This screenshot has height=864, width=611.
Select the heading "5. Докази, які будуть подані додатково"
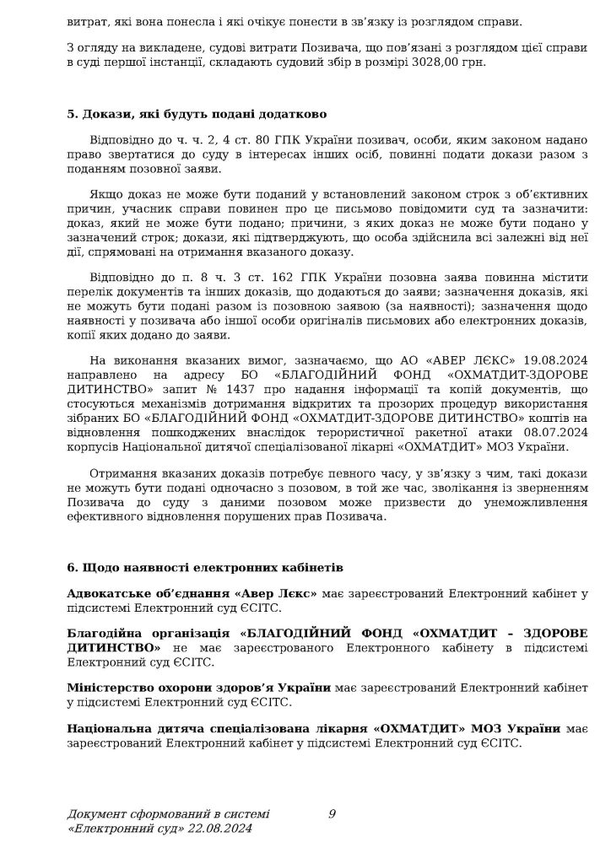[x=196, y=114]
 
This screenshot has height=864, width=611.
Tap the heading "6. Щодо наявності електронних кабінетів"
[x=205, y=569]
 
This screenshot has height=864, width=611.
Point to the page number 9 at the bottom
[x=332, y=813]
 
